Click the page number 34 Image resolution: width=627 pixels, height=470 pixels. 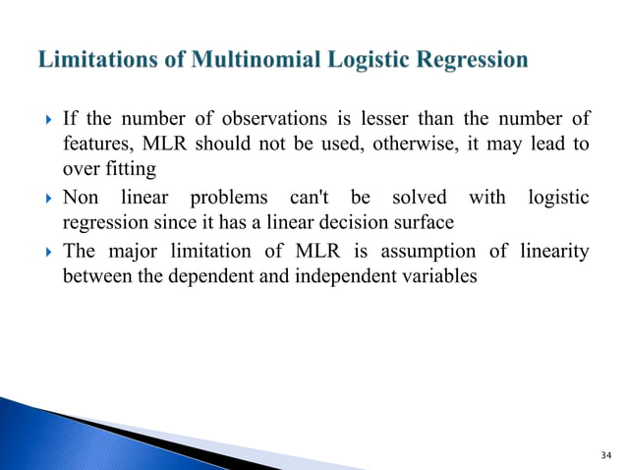602,454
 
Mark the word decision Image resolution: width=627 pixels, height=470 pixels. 349,223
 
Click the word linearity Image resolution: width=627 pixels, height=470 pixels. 552,251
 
